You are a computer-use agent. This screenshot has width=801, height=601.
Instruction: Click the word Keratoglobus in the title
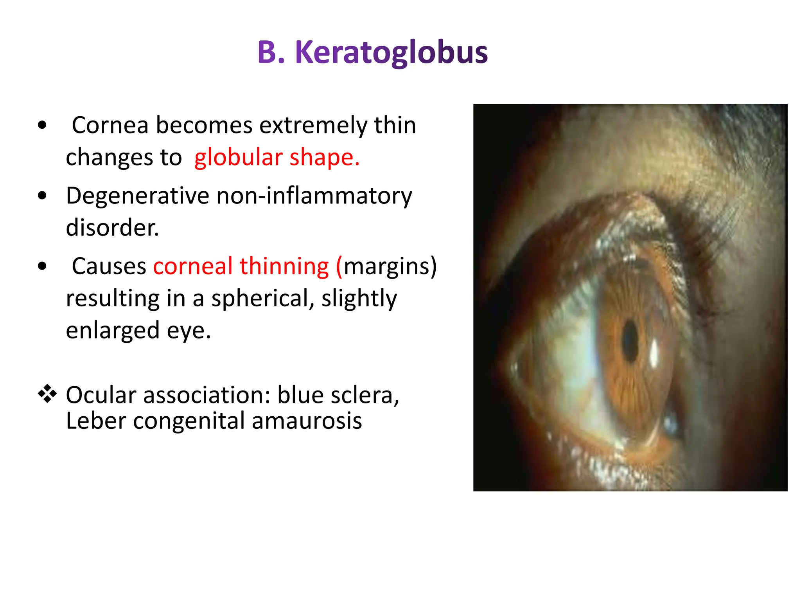click(x=391, y=53)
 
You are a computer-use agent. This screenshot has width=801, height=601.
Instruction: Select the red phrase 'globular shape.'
click(x=277, y=157)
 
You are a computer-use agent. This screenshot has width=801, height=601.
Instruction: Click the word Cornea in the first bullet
click(x=110, y=125)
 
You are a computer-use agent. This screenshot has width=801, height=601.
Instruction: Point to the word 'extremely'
click(x=313, y=125)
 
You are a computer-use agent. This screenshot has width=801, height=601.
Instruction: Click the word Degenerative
click(x=137, y=196)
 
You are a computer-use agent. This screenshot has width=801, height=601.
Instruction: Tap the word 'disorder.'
click(x=112, y=228)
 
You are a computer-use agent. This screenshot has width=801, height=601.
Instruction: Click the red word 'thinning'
click(x=284, y=266)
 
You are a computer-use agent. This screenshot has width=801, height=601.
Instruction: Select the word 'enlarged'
click(x=113, y=331)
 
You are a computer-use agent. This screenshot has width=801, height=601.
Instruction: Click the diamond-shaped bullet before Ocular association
click(x=47, y=394)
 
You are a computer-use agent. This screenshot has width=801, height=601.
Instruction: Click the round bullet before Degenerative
click(x=42, y=196)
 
